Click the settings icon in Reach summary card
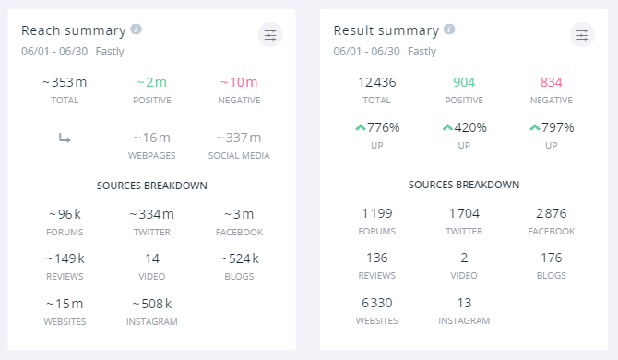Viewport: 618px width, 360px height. pyautogui.click(x=270, y=35)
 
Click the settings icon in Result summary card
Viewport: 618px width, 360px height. pyautogui.click(x=582, y=35)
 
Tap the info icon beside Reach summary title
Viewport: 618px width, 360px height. pyautogui.click(x=137, y=30)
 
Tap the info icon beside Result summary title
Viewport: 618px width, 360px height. pyautogui.click(x=449, y=30)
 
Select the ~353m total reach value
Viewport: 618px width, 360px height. pyautogui.click(x=65, y=83)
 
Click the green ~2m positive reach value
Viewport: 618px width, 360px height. pyautogui.click(x=152, y=83)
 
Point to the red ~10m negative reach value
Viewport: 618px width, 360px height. pyautogui.click(x=239, y=83)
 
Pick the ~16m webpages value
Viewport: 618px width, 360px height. pyautogui.click(x=152, y=138)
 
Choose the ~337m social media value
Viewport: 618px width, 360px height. pyautogui.click(x=239, y=138)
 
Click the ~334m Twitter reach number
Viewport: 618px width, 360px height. pyautogui.click(x=152, y=214)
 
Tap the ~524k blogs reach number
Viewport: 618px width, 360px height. pyautogui.click(x=239, y=258)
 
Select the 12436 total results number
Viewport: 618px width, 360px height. pyautogui.click(x=377, y=83)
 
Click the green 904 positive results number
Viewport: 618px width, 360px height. pyautogui.click(x=464, y=83)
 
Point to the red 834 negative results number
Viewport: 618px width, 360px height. pyautogui.click(x=551, y=83)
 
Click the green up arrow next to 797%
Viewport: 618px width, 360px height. pyautogui.click(x=534, y=128)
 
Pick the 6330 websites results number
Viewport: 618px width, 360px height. pyautogui.click(x=377, y=303)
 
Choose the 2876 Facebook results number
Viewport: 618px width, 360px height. pyautogui.click(x=551, y=214)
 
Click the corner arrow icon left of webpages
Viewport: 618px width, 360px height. pyautogui.click(x=65, y=138)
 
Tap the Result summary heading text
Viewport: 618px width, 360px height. pyautogui.click(x=386, y=30)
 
